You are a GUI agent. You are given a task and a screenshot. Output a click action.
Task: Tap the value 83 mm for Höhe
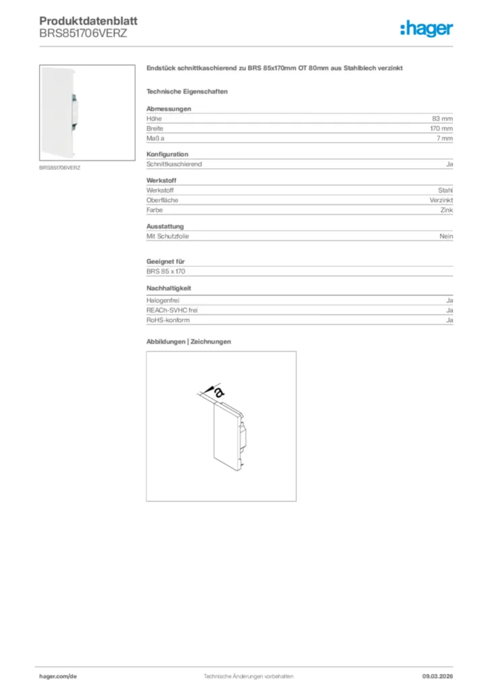tap(442, 119)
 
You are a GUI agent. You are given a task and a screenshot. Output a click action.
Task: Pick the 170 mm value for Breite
tap(441, 128)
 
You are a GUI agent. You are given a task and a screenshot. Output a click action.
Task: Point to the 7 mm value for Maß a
tap(444, 138)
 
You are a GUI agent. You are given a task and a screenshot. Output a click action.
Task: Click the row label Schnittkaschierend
tap(174, 164)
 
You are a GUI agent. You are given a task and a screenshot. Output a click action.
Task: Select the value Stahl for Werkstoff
tap(446, 191)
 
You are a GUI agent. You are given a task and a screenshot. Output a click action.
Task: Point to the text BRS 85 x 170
tap(165, 271)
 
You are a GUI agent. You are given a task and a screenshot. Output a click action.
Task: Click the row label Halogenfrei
tap(162, 301)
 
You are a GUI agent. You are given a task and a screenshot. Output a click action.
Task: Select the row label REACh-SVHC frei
tap(172, 310)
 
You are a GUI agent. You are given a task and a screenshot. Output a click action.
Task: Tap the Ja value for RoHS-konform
tap(450, 320)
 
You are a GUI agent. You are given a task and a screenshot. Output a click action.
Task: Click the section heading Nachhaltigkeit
tap(169, 288)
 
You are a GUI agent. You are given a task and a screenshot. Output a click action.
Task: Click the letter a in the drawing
tap(218, 391)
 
